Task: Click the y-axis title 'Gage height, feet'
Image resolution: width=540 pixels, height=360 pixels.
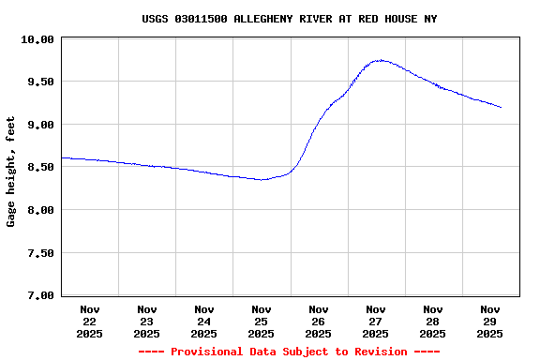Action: (11, 172)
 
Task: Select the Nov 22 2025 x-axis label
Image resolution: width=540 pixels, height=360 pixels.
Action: (90, 321)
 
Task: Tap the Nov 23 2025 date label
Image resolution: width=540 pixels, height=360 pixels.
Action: (147, 321)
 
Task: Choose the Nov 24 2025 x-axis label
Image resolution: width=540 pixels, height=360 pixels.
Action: (204, 321)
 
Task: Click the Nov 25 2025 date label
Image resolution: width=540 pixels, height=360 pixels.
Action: (262, 321)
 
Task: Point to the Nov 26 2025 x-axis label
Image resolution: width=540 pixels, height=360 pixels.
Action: (319, 321)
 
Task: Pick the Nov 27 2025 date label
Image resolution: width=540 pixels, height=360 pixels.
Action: (376, 321)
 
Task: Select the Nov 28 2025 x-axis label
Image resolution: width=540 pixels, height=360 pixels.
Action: (433, 321)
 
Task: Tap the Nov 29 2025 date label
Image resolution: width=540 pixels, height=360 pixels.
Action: (490, 321)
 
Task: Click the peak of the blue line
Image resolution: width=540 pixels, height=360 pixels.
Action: (379, 60)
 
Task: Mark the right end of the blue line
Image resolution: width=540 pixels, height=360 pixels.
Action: (502, 108)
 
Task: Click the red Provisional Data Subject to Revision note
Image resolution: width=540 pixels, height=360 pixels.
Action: (289, 352)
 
